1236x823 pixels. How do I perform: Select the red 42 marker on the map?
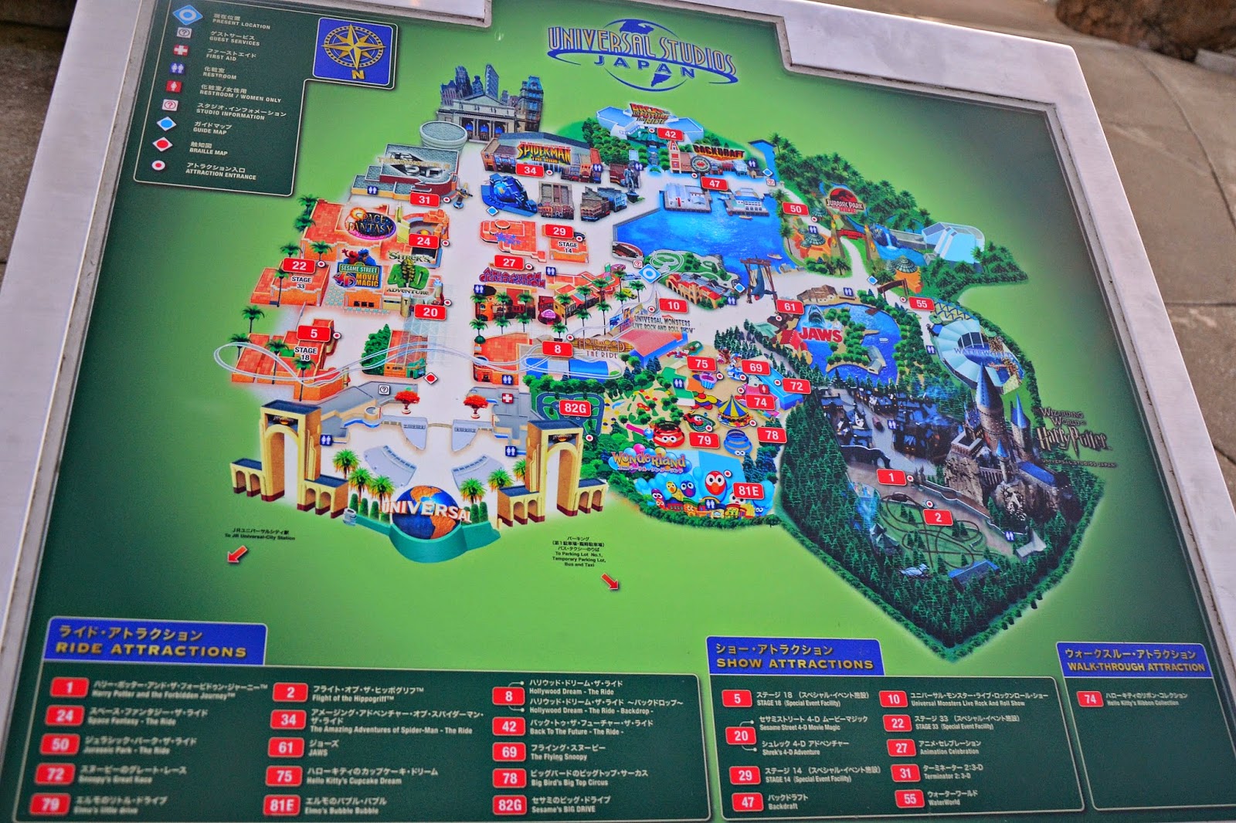pos(670,134)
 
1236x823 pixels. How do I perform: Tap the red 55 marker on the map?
pos(922,303)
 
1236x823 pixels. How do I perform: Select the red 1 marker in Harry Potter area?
pos(891,477)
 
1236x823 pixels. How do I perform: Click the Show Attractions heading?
pos(793,656)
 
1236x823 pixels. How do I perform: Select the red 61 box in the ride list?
pos(286,747)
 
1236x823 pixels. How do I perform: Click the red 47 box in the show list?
pos(747,802)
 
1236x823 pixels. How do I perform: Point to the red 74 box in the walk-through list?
pos(1090,699)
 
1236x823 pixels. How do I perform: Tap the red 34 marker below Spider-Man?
pos(529,170)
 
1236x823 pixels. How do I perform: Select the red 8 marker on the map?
pos(557,349)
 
